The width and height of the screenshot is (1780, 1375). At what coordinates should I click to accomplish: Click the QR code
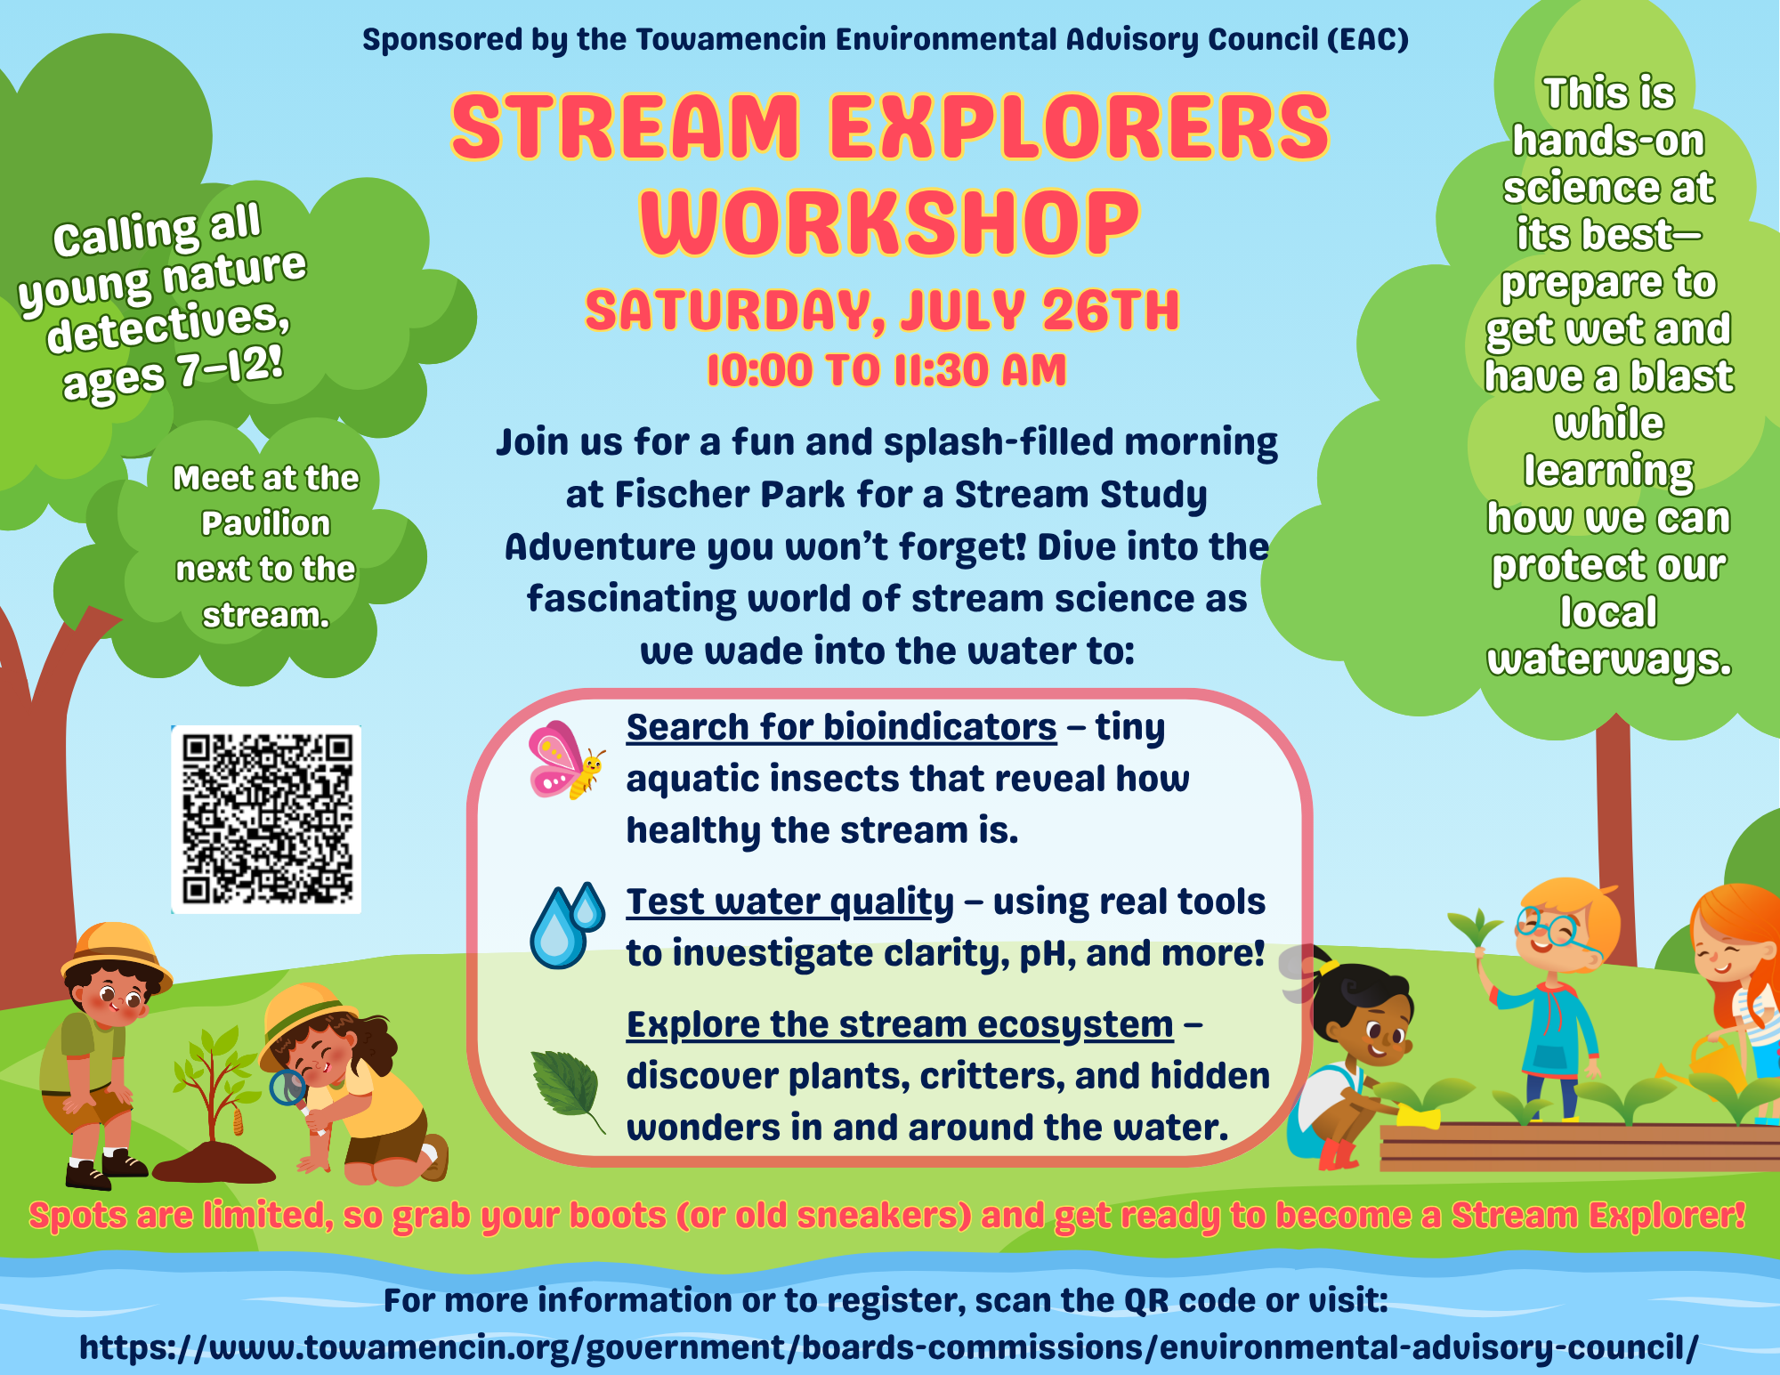click(x=266, y=820)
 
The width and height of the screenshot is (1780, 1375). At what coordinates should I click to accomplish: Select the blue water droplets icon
click(x=567, y=926)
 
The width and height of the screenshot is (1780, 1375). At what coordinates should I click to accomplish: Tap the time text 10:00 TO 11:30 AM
click(x=886, y=370)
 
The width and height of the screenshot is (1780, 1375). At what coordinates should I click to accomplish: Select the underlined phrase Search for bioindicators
click(x=841, y=727)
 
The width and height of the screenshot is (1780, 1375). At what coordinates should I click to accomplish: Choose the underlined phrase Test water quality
click(x=790, y=902)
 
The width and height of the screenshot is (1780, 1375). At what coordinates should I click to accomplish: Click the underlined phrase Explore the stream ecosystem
click(x=900, y=1024)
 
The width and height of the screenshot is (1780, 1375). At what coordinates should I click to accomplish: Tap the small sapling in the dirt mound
click(x=214, y=1086)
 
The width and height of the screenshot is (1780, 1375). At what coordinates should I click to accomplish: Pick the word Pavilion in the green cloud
click(x=265, y=523)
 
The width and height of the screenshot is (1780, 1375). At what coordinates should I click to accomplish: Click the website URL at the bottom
click(x=889, y=1347)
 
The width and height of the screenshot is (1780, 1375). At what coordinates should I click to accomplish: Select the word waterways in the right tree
click(x=1609, y=659)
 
